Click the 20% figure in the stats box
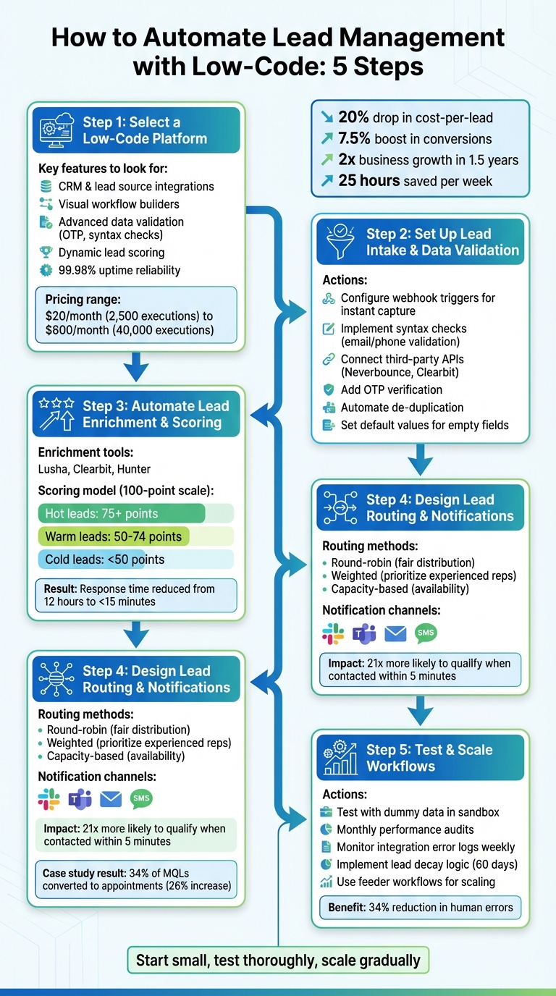[x=355, y=118]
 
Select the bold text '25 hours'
[x=370, y=180]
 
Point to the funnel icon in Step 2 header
[x=340, y=242]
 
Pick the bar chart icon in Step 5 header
[x=340, y=758]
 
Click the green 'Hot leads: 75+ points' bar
[x=121, y=514]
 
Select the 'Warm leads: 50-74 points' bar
[x=114, y=536]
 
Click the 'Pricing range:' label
[x=83, y=300]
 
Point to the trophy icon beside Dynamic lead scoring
[x=46, y=253]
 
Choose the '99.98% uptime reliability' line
[x=119, y=270]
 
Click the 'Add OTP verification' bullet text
[x=392, y=389]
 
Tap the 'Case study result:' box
[x=136, y=879]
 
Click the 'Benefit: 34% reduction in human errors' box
[x=420, y=907]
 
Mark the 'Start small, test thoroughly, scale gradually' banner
[x=278, y=961]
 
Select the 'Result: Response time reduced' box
[x=136, y=595]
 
